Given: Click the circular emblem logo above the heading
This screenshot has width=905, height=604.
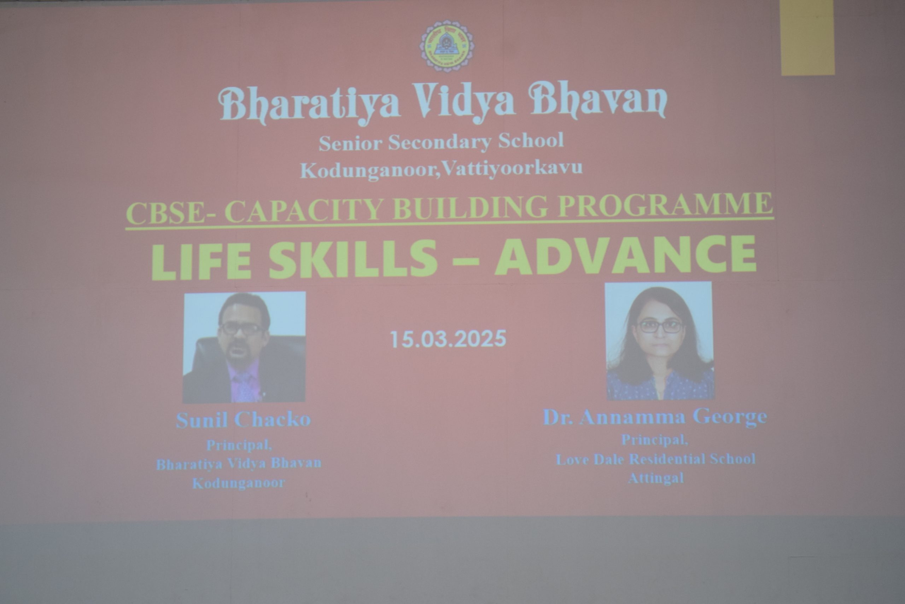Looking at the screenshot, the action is pyautogui.click(x=447, y=46).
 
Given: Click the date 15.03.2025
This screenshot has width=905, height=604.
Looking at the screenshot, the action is pyautogui.click(x=448, y=339).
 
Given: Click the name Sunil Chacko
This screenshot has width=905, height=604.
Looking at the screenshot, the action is pyautogui.click(x=243, y=420).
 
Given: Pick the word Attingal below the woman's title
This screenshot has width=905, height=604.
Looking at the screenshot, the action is pyautogui.click(x=656, y=478).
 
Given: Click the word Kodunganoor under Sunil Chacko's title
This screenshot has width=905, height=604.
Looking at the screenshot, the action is pyautogui.click(x=239, y=483).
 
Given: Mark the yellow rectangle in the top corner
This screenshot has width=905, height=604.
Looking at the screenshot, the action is pyautogui.click(x=807, y=37).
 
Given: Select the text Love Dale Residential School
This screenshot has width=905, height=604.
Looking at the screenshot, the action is pyautogui.click(x=655, y=459).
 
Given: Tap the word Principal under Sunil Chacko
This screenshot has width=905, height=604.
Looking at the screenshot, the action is pyautogui.click(x=239, y=445).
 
